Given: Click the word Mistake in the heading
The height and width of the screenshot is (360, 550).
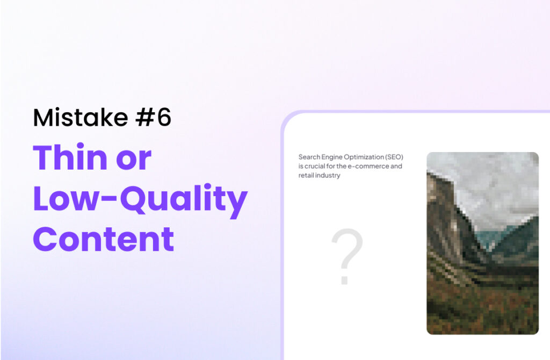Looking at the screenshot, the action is click(x=81, y=117).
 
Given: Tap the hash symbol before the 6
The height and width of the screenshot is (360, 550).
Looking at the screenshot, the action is click(x=144, y=117).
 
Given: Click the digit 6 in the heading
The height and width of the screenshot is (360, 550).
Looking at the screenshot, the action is click(x=164, y=117).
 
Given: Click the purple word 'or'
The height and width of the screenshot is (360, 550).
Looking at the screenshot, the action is click(x=134, y=160).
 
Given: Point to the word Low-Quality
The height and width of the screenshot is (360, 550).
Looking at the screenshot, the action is click(x=140, y=199).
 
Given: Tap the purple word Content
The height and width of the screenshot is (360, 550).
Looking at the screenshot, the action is click(x=104, y=239).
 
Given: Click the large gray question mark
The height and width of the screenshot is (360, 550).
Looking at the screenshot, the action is click(x=346, y=256).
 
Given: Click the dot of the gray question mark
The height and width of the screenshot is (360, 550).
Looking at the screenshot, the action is click(x=344, y=280).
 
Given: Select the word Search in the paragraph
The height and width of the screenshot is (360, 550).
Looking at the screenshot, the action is click(x=309, y=157).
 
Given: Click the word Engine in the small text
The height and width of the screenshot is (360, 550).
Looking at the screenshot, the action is click(x=331, y=157).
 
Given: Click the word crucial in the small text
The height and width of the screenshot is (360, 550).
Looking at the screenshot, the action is click(x=314, y=166).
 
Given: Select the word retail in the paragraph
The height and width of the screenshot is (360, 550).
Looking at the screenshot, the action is click(x=306, y=175).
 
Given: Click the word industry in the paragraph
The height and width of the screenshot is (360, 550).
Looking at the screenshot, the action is click(x=327, y=176).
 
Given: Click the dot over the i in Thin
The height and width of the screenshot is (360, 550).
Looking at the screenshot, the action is click(x=81, y=145).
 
